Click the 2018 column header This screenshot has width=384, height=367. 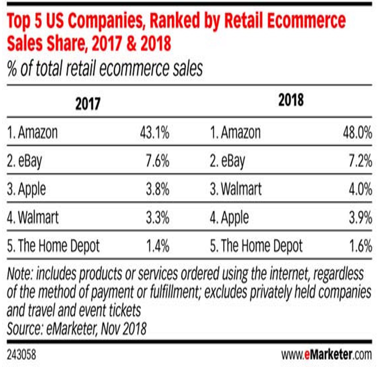point(291,101)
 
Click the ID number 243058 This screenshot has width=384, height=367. point(22,352)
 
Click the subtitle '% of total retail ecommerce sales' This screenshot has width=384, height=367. point(105,70)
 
